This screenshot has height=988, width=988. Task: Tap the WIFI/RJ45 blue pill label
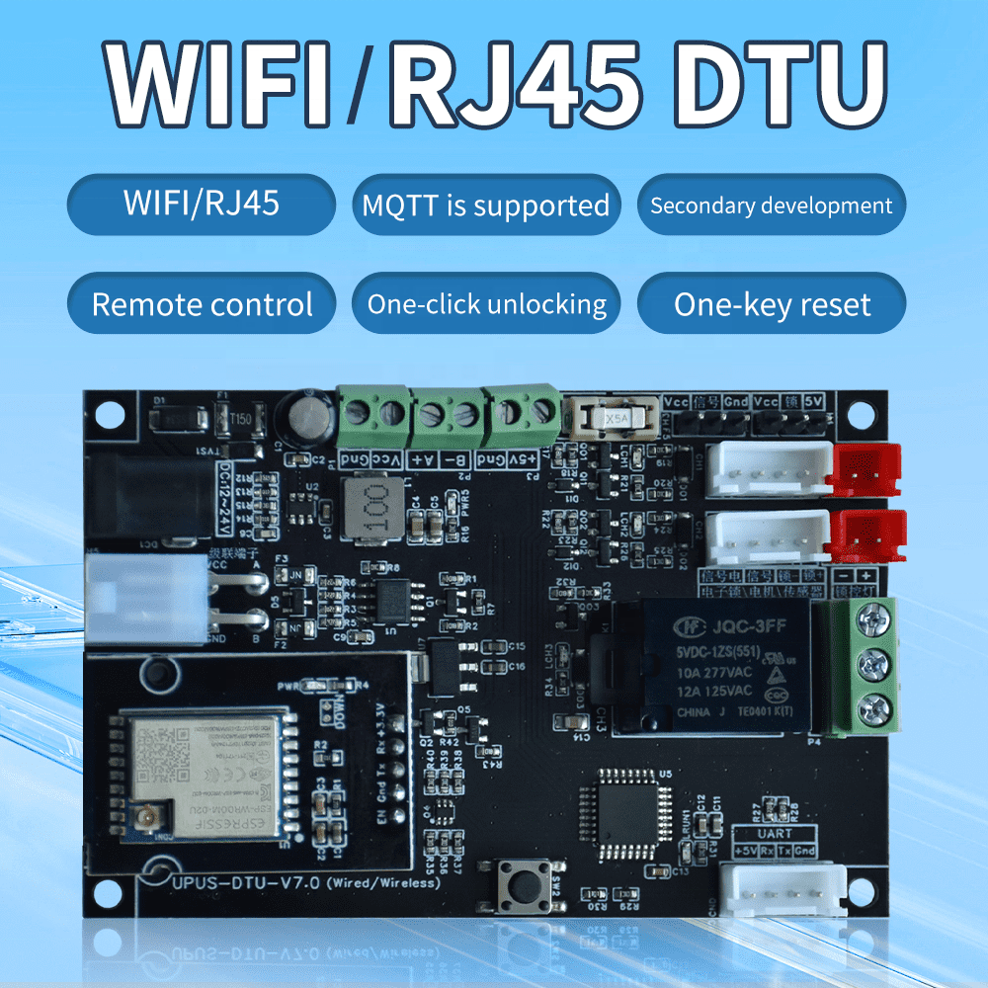(202, 205)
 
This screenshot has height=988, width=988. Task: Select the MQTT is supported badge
(485, 206)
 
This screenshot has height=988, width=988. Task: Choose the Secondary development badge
(771, 206)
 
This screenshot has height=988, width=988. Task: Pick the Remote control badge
(202, 304)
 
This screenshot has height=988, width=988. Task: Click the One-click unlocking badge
(487, 304)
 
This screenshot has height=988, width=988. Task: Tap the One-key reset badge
(772, 304)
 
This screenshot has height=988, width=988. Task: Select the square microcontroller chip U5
(630, 811)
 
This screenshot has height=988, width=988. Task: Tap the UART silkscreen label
(774, 834)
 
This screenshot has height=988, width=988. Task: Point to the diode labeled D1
(178, 421)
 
